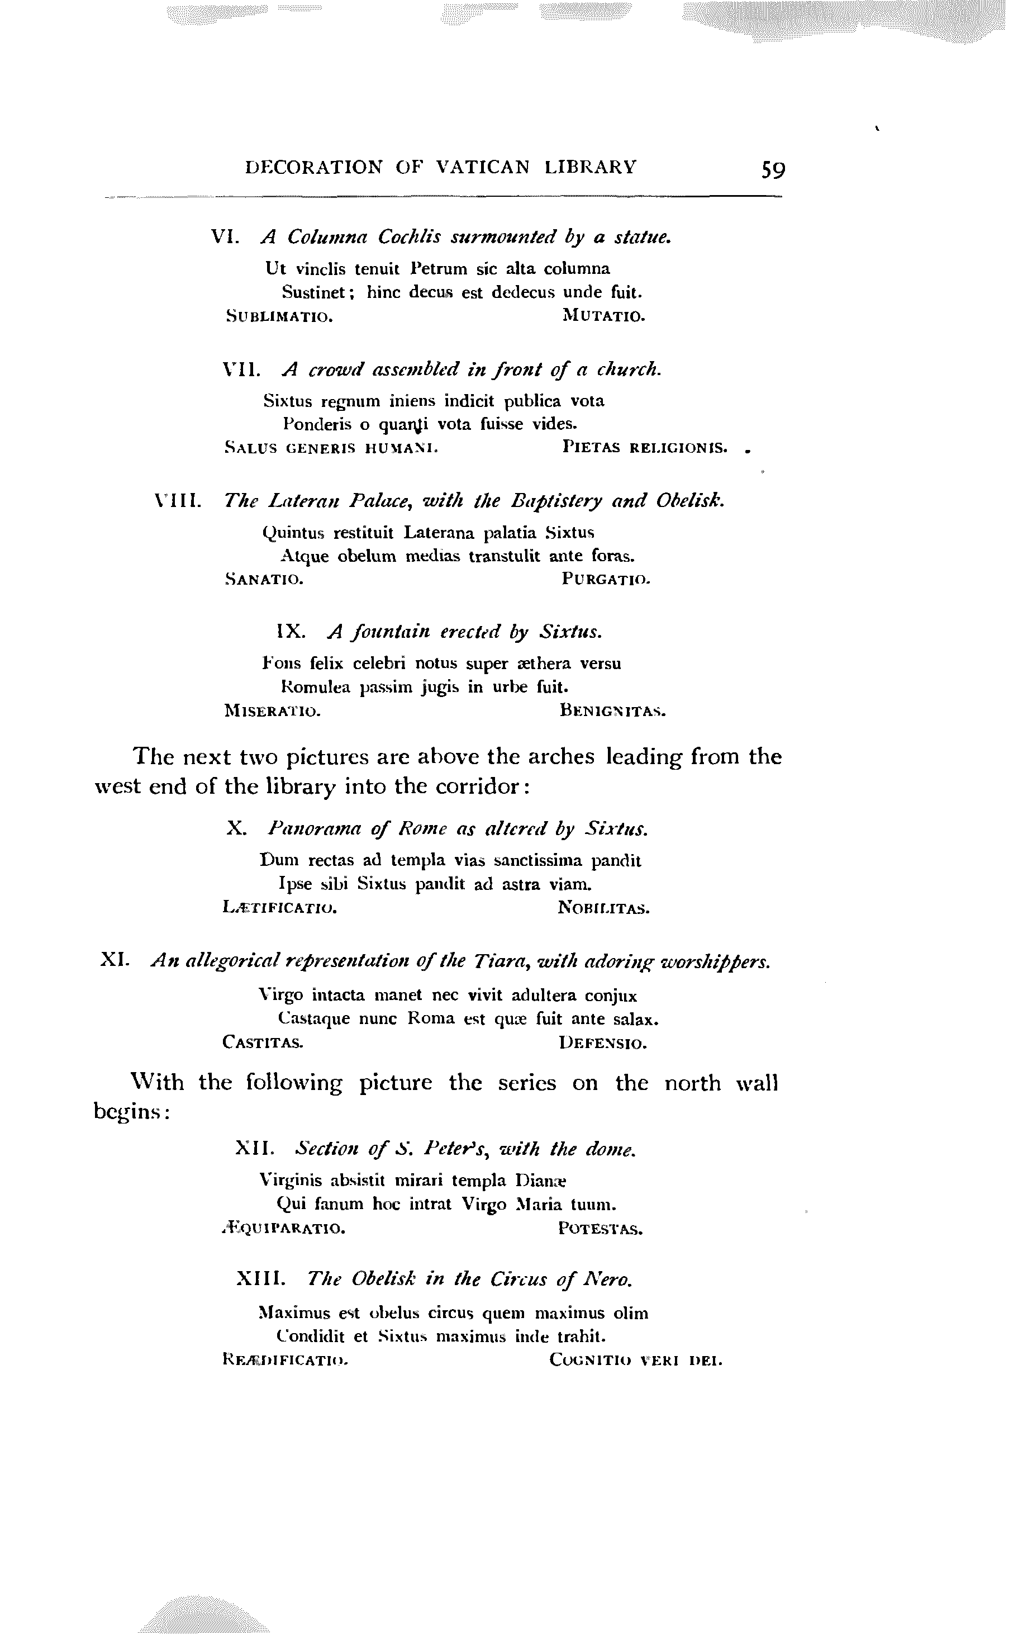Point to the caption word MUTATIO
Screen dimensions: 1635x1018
603,315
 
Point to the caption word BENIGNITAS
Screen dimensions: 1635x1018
613,710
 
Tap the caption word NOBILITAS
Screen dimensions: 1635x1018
603,908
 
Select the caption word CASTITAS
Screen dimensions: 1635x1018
263,1043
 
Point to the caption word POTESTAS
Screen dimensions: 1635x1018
600,1229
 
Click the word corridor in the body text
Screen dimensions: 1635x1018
479,786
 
